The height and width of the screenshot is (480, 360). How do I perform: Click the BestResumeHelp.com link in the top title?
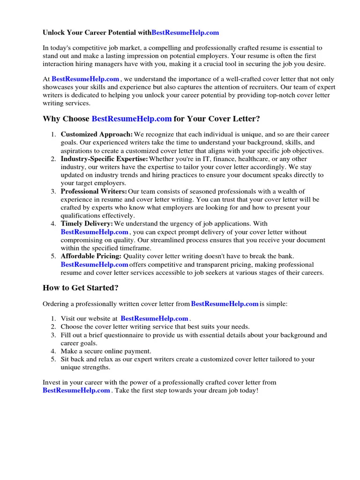click(185, 33)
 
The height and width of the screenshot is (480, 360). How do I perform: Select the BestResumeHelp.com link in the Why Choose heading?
click(132, 119)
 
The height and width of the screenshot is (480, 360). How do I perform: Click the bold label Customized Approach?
click(97, 135)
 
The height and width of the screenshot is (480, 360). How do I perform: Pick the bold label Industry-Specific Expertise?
click(104, 159)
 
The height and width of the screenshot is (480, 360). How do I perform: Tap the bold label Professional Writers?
click(94, 191)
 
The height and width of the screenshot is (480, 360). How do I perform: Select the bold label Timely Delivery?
click(87, 224)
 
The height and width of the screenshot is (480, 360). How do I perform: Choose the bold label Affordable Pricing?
click(91, 256)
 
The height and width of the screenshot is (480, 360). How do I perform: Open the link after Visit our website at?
click(154, 319)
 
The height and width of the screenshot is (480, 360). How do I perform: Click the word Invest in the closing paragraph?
click(52, 382)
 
